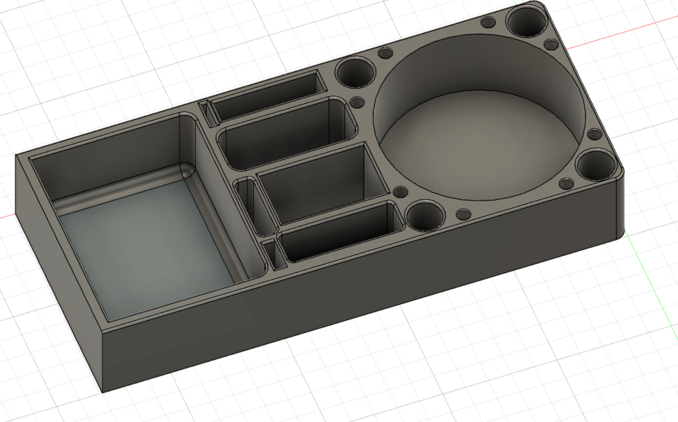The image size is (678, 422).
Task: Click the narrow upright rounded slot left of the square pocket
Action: pyautogui.click(x=255, y=206)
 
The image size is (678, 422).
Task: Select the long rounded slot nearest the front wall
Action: pyautogui.click(x=339, y=232)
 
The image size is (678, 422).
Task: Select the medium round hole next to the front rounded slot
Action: pyautogui.click(x=425, y=216)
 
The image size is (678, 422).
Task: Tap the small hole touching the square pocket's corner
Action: pyautogui.click(x=401, y=192)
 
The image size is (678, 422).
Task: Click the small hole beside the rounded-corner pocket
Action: pyautogui.click(x=357, y=103)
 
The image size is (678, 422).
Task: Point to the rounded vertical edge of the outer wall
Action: pyautogui.click(x=620, y=206)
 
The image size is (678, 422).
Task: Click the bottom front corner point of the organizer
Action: pyautogui.click(x=102, y=392)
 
